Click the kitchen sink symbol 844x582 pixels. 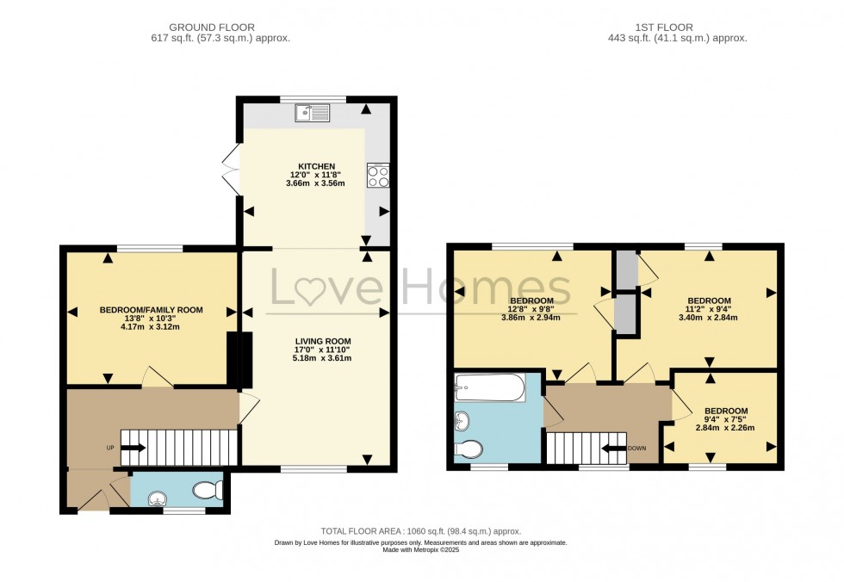point(311,112)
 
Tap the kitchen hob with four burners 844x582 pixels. point(377,176)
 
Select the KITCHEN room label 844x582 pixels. point(316,166)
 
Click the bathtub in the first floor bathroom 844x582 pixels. point(489,388)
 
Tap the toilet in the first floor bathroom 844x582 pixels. point(469,449)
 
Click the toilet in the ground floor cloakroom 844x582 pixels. point(208,490)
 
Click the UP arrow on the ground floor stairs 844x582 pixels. point(133,448)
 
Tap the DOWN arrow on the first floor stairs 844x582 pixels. point(613,448)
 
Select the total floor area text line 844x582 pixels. point(420,531)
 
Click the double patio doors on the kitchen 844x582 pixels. point(231,166)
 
